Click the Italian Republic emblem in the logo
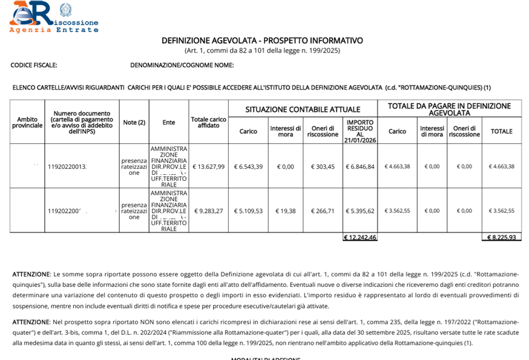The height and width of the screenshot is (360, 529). [65, 10]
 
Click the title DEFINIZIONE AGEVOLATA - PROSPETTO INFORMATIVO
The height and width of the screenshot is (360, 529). [262, 41]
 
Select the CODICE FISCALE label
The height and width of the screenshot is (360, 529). [34, 65]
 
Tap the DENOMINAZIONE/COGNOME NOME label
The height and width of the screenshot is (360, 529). [182, 65]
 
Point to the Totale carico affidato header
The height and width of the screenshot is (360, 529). [208, 122]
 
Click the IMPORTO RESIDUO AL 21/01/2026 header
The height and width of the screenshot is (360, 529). [360, 131]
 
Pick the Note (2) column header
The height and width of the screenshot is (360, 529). [134, 122]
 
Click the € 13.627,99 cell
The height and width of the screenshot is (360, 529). [208, 166]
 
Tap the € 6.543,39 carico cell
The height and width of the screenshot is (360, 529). [248, 166]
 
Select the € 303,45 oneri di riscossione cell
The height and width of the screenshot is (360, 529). [323, 166]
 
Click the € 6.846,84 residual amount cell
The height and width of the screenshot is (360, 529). [360, 166]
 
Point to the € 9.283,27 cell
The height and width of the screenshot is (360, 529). [208, 211]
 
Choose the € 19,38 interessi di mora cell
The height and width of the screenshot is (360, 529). [285, 211]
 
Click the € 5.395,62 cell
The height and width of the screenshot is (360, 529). [360, 211]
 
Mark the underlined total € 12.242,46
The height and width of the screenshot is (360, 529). [360, 237]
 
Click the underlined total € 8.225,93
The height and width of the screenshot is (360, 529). [501, 237]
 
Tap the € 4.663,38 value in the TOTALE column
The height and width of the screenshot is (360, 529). [501, 166]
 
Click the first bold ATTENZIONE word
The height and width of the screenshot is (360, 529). [31, 274]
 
